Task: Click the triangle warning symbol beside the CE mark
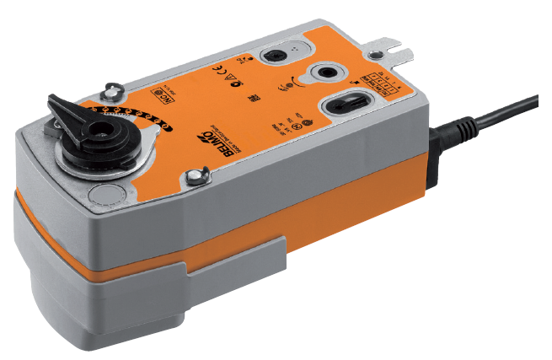(228, 80)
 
